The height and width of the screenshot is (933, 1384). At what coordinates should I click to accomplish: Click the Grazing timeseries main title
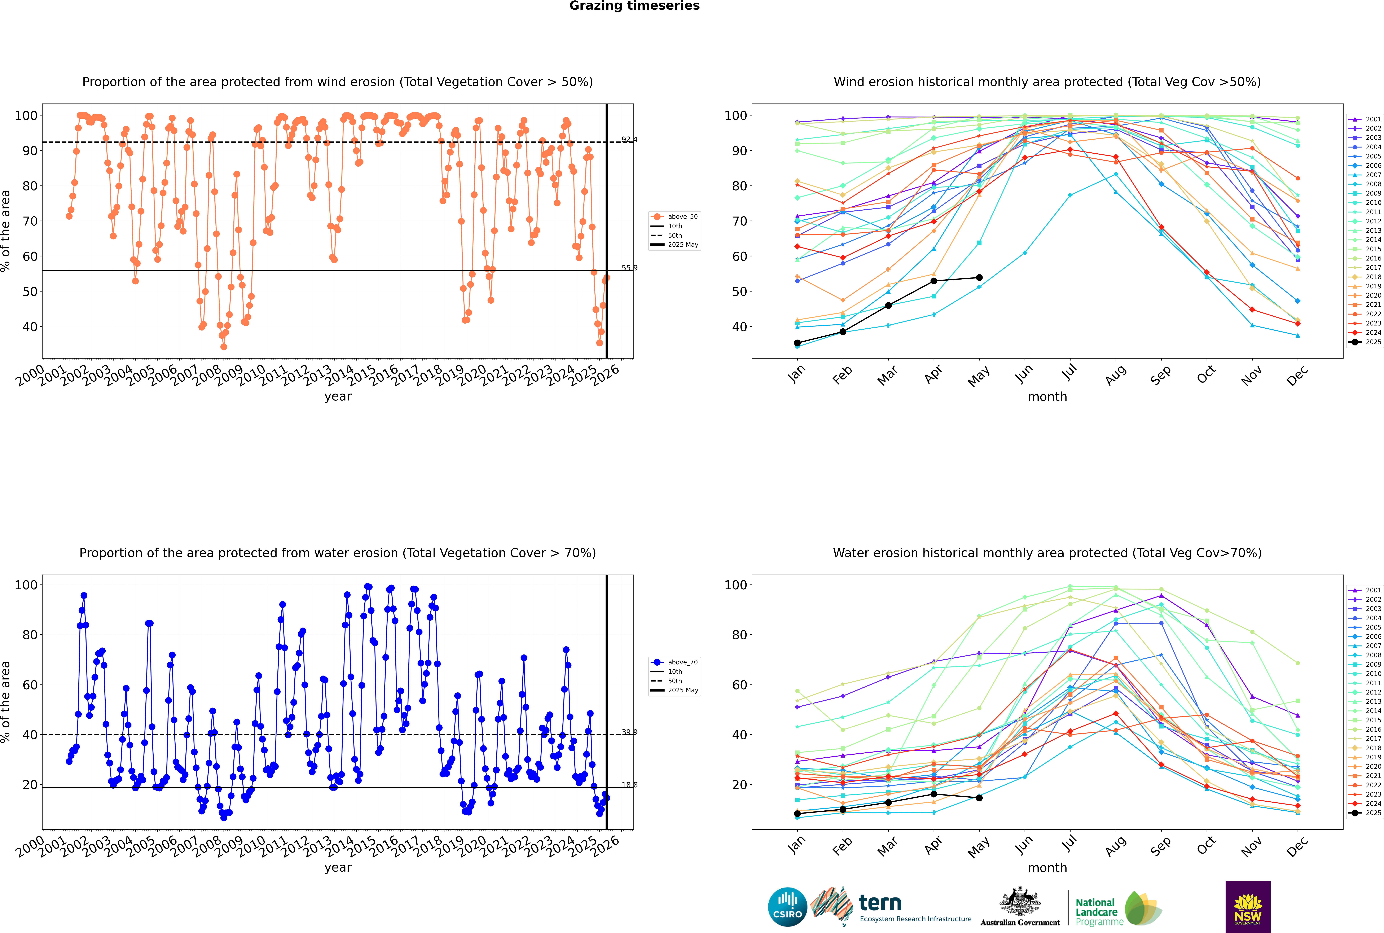coord(634,6)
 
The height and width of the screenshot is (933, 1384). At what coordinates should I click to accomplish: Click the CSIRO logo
coord(787,907)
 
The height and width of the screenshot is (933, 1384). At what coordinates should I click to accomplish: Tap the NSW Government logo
coord(1248,907)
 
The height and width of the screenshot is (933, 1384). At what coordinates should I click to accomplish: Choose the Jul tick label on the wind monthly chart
coord(1069,372)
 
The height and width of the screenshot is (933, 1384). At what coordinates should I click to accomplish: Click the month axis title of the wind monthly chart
coord(1047,397)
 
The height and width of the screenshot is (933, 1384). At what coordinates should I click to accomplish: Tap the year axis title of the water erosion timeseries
coord(338,868)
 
